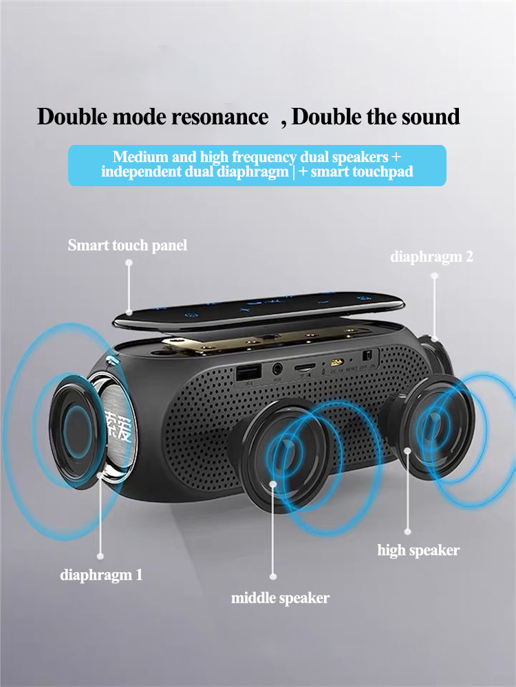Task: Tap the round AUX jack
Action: tap(277, 370)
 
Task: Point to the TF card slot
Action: tap(303, 368)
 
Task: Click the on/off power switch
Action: tap(367, 356)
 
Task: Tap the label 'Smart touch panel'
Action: tap(127, 245)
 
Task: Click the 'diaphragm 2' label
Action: tap(431, 257)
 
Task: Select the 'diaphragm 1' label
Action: tap(101, 574)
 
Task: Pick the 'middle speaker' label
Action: tap(280, 598)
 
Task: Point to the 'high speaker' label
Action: tap(418, 550)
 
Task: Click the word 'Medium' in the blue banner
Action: tap(138, 157)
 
